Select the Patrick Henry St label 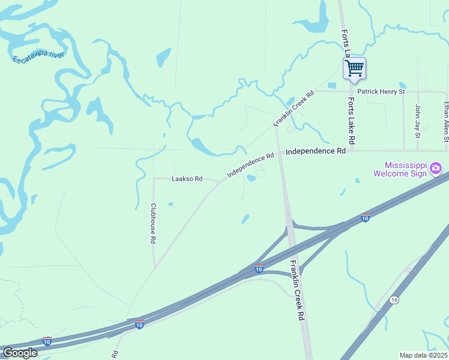click(381, 92)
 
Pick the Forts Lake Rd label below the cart click(352, 122)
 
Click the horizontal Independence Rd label click(316, 152)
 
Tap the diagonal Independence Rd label click(250, 166)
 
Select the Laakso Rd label click(187, 179)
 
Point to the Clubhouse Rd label click(153, 222)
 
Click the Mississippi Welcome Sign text click(405, 169)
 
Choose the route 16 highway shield click(394, 299)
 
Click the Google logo click(20, 352)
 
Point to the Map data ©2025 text click(423, 355)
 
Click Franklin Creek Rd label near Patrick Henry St click(294, 108)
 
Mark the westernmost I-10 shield click(47, 341)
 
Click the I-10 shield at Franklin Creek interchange click(259, 269)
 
